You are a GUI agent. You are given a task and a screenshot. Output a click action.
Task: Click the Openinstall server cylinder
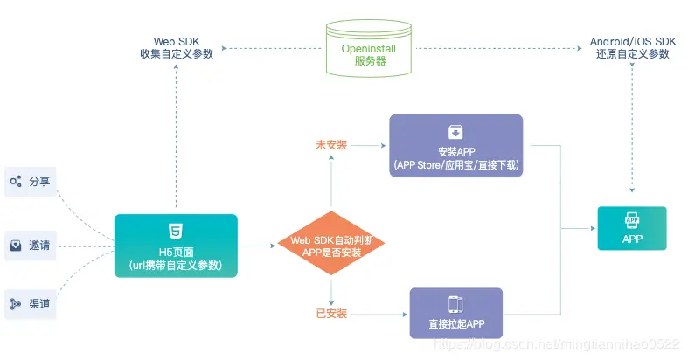pos(369,48)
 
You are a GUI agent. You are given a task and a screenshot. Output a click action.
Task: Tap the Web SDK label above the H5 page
pos(177,48)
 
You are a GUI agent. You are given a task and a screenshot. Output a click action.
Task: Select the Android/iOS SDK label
pos(633,48)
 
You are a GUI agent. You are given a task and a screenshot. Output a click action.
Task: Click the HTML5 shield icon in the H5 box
pos(176,231)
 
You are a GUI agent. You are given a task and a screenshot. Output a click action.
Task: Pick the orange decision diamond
pos(331,244)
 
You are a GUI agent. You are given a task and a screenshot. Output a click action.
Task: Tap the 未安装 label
pos(331,145)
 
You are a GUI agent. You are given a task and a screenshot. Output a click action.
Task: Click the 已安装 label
pos(331,314)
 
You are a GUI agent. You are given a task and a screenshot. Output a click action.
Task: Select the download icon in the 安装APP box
pos(455,132)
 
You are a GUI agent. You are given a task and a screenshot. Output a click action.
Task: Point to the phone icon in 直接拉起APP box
pos(455,304)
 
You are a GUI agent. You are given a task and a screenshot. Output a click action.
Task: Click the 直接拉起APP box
pos(455,313)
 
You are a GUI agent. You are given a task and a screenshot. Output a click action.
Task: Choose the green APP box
pos(632,228)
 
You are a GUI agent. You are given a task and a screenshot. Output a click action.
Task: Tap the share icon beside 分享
pos(16,182)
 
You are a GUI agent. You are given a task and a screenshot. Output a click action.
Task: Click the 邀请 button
pos(31,246)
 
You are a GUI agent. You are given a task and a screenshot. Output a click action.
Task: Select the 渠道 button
pos(31,304)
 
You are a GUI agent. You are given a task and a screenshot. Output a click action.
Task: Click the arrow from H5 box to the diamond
pos(258,246)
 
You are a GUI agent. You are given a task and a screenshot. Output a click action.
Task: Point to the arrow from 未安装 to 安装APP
pos(368,145)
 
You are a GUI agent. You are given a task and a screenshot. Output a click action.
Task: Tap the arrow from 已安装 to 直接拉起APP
pos(379,314)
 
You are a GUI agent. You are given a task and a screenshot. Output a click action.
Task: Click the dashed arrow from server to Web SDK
pos(272,48)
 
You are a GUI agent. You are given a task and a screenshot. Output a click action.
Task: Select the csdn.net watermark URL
pos(556,343)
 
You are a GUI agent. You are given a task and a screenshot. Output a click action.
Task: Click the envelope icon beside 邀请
pos(16,246)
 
